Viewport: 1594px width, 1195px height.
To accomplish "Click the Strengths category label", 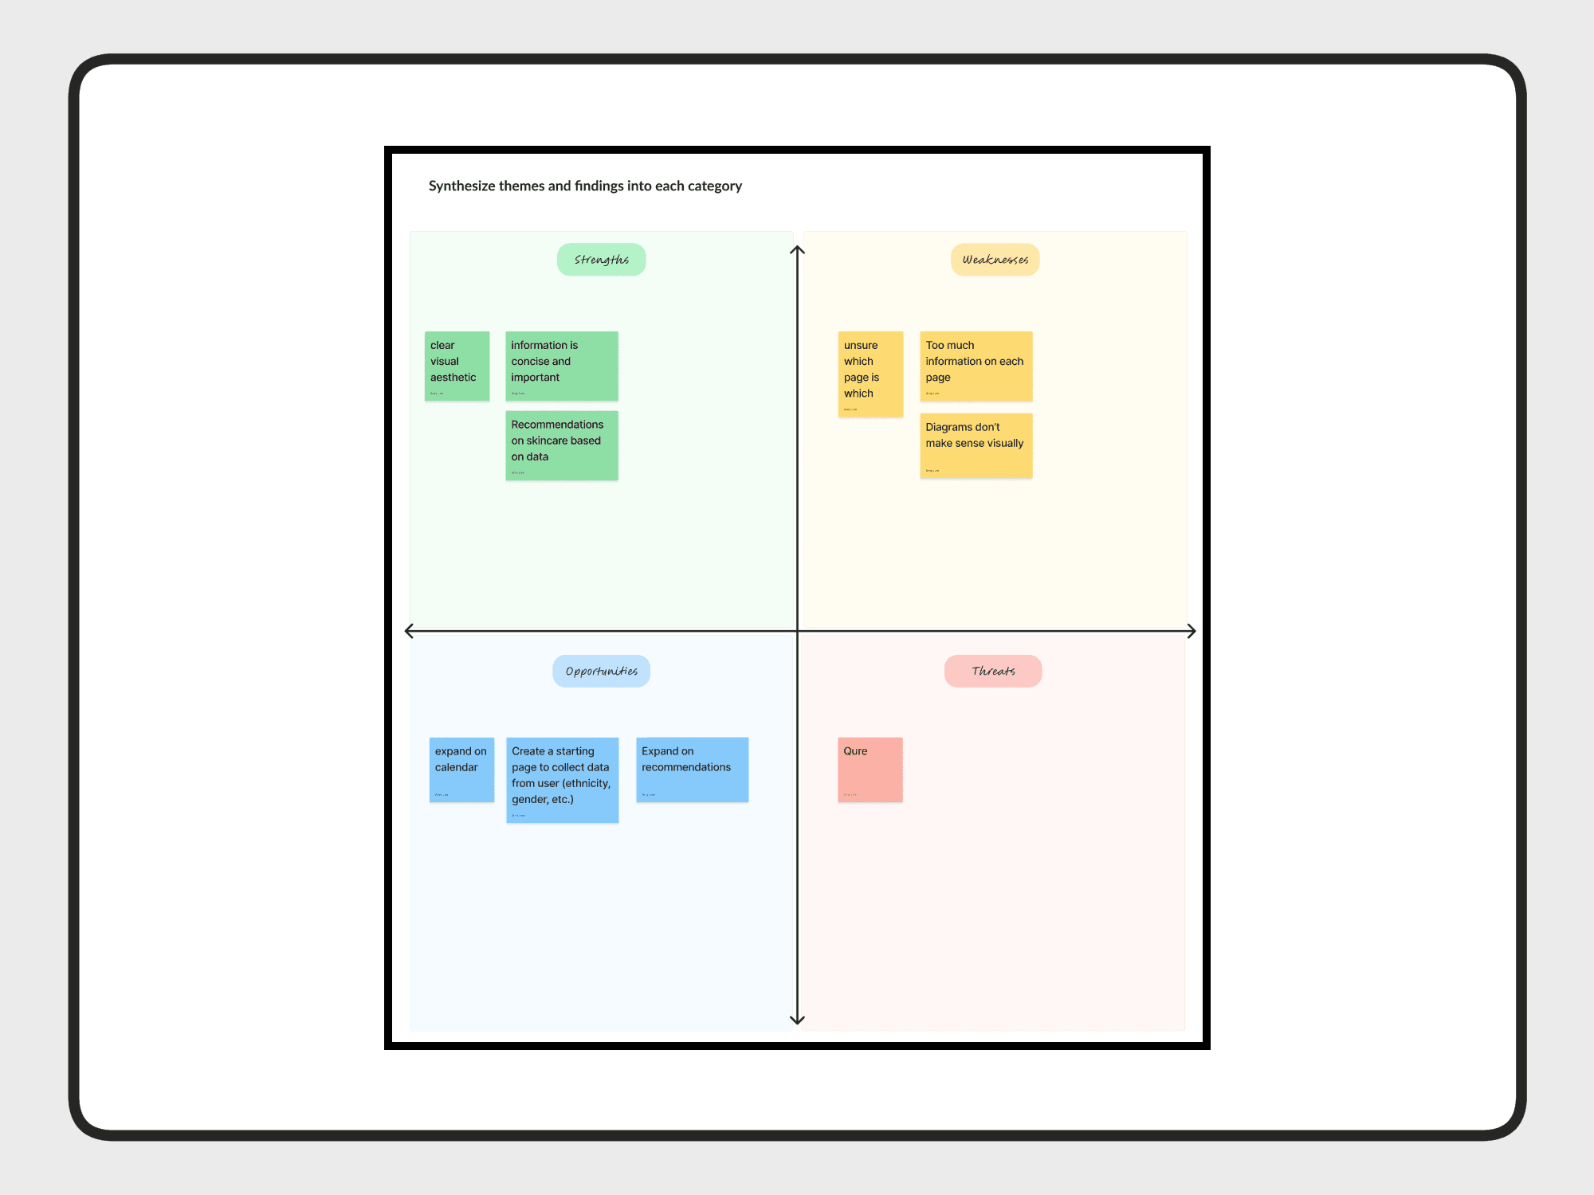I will click(601, 260).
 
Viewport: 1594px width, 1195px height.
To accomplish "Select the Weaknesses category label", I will click(995, 260).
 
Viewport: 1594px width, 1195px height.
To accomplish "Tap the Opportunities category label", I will click(601, 672).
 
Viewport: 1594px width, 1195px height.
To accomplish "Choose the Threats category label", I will click(993, 672).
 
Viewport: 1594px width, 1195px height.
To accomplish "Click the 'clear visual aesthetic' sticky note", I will click(457, 366).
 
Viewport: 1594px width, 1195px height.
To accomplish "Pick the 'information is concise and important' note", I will click(562, 366).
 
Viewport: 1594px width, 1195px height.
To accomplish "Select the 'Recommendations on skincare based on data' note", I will click(562, 445).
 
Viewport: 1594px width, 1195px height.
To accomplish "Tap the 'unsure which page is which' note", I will click(870, 374).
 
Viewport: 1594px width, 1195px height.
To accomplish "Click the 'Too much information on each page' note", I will click(976, 366).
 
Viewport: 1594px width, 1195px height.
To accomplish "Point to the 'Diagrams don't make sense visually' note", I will click(976, 445).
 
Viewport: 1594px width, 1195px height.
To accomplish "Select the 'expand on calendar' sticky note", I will click(461, 770).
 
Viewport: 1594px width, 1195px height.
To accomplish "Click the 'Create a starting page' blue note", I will click(562, 779).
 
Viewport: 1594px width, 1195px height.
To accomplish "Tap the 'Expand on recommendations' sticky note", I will click(692, 770).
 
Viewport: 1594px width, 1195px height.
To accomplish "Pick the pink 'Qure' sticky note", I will click(870, 770).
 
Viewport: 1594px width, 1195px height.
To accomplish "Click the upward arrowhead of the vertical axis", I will click(797, 250).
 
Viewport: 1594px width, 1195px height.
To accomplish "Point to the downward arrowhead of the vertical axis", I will click(797, 1021).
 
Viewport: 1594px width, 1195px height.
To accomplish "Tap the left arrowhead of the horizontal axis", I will click(409, 631).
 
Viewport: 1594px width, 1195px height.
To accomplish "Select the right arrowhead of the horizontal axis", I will click(1192, 631).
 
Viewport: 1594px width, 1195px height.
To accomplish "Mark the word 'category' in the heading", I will click(715, 186).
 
